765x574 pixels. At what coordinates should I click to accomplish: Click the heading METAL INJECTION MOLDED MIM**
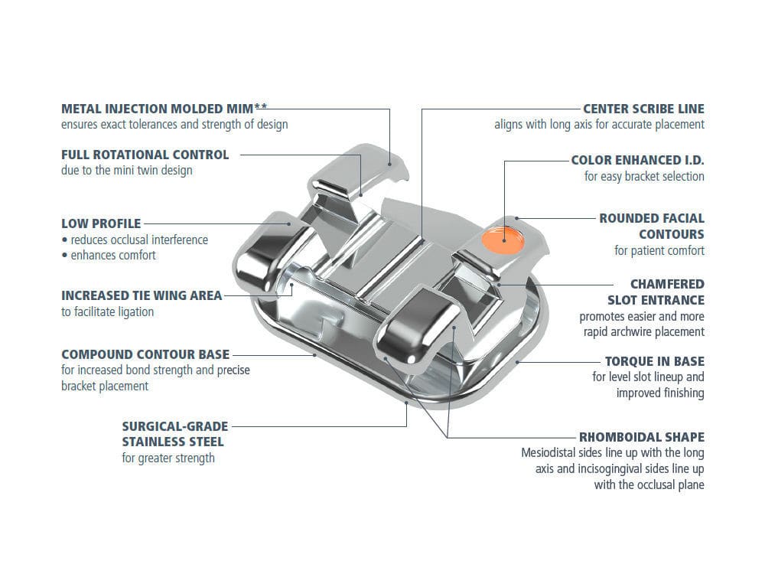click(x=164, y=108)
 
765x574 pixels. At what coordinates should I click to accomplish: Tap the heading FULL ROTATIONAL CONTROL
click(x=145, y=154)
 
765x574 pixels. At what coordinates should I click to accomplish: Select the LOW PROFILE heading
click(x=101, y=223)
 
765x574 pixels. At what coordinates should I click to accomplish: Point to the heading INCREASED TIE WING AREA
click(x=142, y=295)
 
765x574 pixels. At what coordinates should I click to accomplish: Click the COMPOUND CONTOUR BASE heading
click(x=145, y=354)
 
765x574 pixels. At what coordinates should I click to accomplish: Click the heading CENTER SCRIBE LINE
click(x=643, y=109)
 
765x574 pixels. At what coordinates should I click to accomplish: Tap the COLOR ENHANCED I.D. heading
click(x=638, y=160)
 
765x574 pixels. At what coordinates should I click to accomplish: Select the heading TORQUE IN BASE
click(x=655, y=360)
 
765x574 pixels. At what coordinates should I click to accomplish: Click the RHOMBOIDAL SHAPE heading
click(x=642, y=437)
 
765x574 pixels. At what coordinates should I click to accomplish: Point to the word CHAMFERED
click(x=667, y=284)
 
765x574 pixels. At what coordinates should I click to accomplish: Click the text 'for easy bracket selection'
click(x=644, y=176)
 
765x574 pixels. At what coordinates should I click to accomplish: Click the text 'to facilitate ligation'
click(x=107, y=311)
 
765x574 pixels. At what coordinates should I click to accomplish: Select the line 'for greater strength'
click(x=168, y=458)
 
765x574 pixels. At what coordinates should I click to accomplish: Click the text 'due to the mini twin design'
click(x=127, y=170)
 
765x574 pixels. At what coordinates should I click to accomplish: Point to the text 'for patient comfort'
click(x=659, y=250)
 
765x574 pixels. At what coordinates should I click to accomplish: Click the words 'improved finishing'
click(x=660, y=393)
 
